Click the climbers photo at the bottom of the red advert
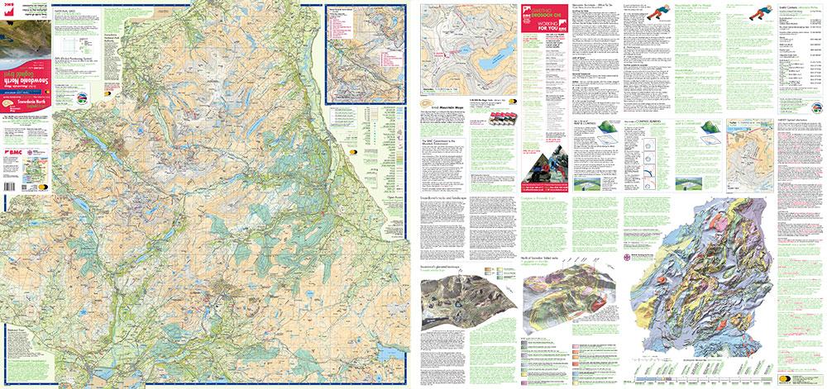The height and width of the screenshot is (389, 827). click(541, 162)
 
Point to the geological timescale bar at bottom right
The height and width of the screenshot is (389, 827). click(711, 375)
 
